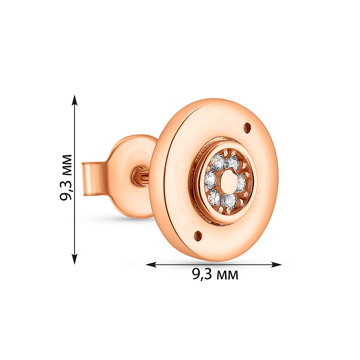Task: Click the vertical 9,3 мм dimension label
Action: [66, 177]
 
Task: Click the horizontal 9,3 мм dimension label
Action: [215, 274]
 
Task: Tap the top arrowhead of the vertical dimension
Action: [74, 100]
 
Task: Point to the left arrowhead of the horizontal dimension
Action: [151, 265]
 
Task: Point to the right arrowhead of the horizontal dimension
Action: [276, 265]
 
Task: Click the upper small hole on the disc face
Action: [247, 128]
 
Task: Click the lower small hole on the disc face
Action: [198, 236]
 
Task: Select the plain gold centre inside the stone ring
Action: [228, 182]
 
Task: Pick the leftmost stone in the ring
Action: [211, 180]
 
